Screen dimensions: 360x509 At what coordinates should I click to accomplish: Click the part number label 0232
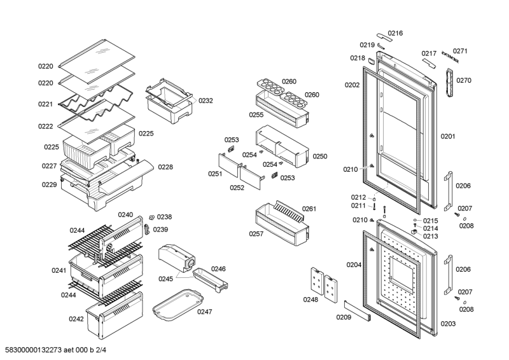206,100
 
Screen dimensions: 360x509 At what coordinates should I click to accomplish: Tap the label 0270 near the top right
464,81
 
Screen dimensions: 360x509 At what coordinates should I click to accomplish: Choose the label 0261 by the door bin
309,209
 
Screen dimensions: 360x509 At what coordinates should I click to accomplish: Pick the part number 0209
344,316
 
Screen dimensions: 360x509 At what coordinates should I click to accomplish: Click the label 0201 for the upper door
448,136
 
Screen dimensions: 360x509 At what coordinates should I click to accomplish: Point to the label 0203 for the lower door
448,324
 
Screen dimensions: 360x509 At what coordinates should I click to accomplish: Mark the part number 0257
256,234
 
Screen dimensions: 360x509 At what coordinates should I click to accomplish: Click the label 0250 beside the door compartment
319,156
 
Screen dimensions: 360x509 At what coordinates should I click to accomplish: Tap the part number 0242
76,319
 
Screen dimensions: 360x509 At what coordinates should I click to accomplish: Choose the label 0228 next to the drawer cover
165,167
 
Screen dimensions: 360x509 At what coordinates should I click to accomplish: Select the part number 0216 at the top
396,33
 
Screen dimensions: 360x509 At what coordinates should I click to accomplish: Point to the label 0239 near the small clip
160,230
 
